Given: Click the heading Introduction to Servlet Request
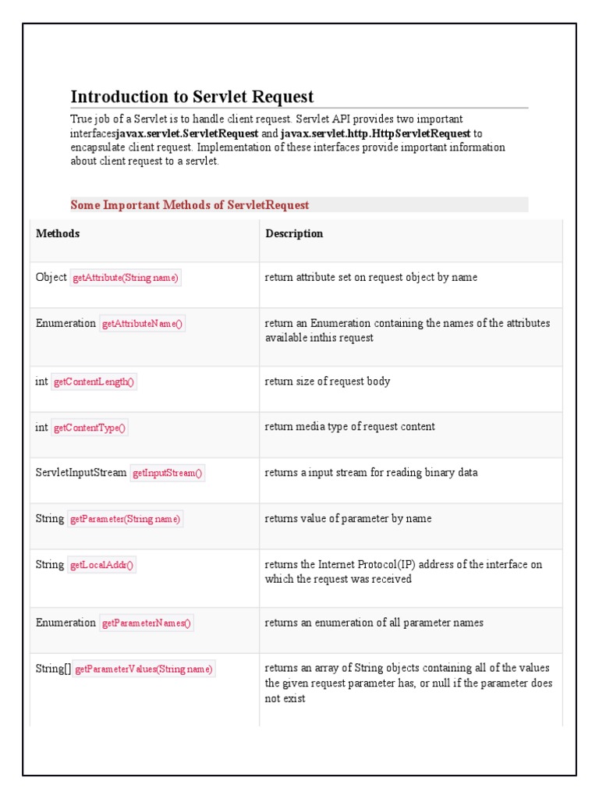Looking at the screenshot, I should coord(192,97).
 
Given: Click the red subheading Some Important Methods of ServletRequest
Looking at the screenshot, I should coord(190,205).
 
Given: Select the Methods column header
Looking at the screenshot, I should coord(58,234).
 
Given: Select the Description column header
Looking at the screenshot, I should coord(294,234).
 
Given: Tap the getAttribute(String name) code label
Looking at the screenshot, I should coord(126,278).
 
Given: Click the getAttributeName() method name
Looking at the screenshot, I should coord(142,324).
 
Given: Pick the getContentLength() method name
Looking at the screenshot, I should coord(94,382).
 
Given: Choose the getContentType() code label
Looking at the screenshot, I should coord(90,428).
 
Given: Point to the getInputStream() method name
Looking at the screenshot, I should coord(168,473).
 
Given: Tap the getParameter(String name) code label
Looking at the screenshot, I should coord(126,519).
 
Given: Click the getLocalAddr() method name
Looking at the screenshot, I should coord(102,565).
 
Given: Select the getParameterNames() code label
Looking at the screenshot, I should coord(147,623).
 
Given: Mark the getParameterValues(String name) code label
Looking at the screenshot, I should coord(144,669).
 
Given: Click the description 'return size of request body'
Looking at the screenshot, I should coord(328,382).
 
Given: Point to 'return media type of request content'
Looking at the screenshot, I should coord(349,427).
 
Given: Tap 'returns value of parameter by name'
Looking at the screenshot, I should coord(348,519).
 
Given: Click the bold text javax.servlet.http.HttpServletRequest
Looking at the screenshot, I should coord(375,133).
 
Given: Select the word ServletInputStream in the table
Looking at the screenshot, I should coord(81,473).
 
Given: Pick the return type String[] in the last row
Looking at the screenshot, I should coord(53,669).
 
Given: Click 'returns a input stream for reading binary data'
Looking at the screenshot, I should coord(371,473).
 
